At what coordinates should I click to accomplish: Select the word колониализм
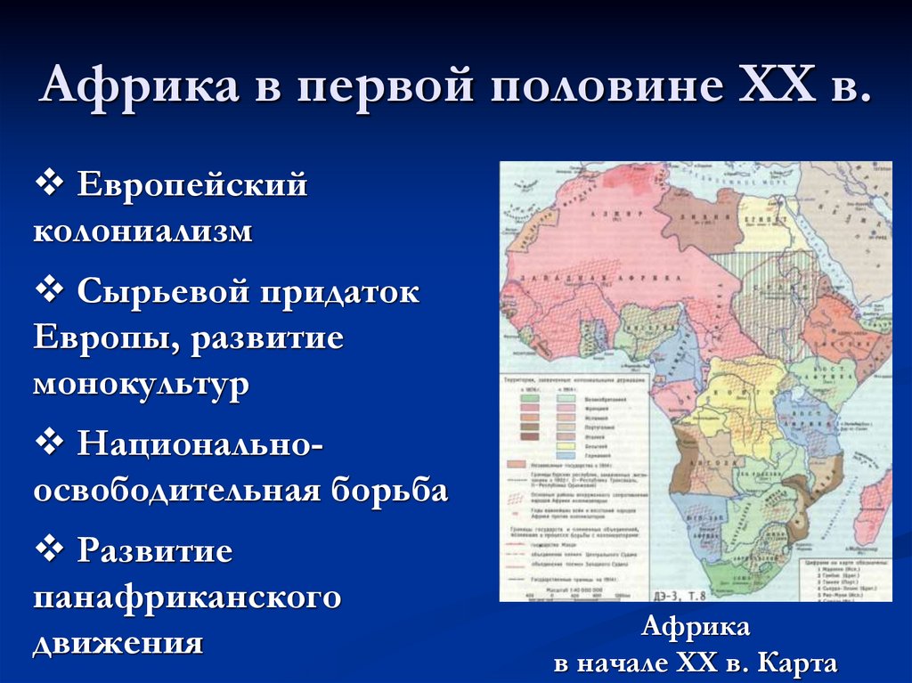point(143,232)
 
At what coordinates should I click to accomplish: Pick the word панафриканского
point(188,596)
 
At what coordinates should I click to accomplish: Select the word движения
point(118,642)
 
